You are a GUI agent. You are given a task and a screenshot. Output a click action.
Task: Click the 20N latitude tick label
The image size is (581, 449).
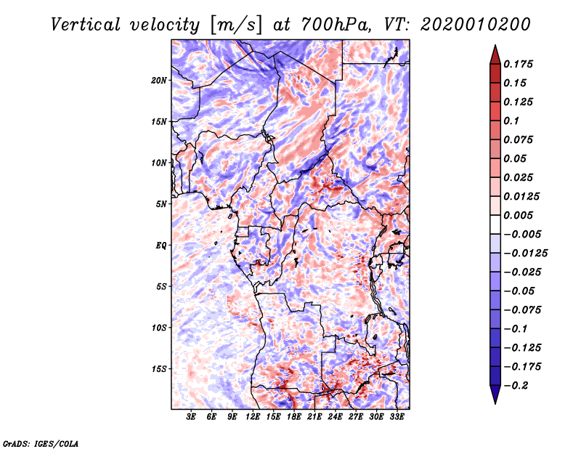pos(159,81)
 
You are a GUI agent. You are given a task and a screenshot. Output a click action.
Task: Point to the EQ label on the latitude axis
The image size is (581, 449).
pos(161,246)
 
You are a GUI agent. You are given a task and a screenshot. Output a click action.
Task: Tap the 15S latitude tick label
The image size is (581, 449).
pos(159,369)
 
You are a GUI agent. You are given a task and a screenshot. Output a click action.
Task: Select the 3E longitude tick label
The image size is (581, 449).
pos(191,417)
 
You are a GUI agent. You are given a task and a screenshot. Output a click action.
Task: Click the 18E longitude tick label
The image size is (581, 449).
pos(294,417)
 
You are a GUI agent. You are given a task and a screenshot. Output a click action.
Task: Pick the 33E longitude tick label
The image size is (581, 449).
pos(397,417)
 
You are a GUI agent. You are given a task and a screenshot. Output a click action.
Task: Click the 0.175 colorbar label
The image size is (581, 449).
pos(518,64)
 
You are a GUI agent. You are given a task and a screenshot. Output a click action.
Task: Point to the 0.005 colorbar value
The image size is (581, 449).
pos(518,215)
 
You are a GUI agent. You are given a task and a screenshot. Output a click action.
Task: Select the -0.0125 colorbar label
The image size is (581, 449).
pos(525,254)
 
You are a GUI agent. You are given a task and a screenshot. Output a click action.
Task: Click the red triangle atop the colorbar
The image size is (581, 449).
pos(495,54)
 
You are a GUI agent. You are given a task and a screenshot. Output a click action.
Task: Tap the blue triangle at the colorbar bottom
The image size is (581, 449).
pos(495,395)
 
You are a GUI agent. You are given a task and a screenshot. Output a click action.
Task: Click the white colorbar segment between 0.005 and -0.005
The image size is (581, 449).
pos(495,224)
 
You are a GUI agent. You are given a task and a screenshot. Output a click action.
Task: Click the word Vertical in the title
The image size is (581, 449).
pos(86,25)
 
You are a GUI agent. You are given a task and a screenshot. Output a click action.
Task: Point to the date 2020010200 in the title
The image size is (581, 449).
pos(476,25)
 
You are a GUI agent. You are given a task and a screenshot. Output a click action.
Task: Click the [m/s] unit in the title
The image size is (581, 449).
pos(236,25)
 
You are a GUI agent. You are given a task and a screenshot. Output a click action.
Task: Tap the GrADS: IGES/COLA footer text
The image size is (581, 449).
pos(41,444)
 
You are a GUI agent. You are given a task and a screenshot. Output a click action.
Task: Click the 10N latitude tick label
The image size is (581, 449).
pos(159,163)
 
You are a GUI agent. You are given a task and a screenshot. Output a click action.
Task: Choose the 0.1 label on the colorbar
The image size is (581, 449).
pos(511,121)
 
